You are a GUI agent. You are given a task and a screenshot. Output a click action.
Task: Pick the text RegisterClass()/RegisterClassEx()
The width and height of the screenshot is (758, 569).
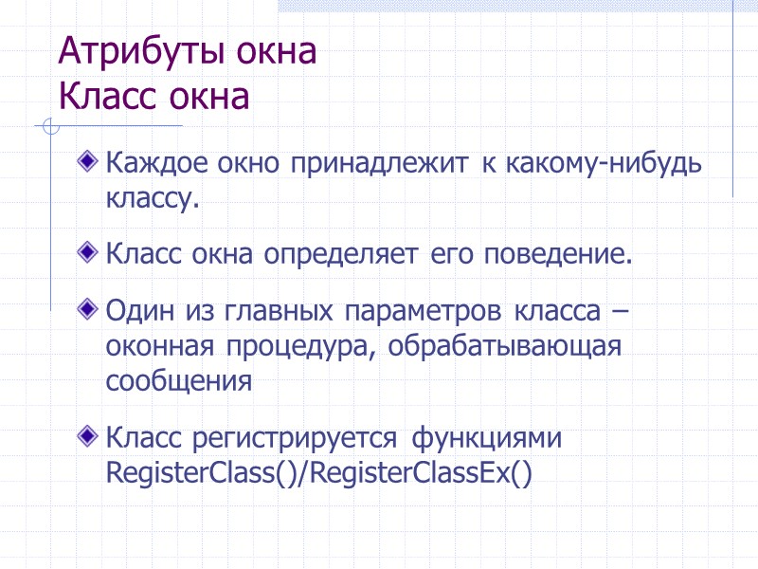tap(319, 473)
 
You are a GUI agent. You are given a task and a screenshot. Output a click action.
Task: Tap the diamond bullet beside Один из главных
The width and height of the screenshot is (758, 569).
tap(89, 308)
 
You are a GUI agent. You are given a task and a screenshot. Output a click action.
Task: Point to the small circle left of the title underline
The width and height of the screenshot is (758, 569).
tap(52, 126)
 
